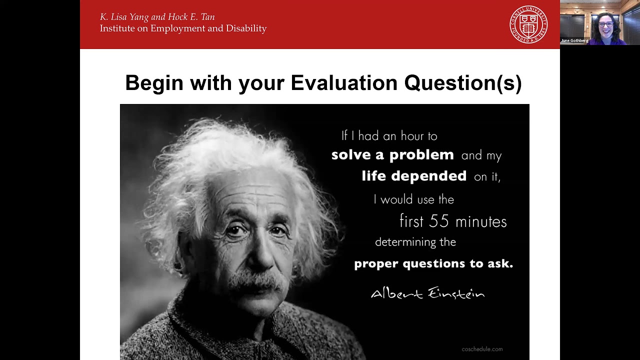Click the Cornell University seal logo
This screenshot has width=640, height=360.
(528, 24)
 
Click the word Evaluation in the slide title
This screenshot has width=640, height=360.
(344, 83)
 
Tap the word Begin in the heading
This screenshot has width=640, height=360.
(154, 83)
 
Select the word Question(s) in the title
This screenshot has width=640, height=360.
(463, 83)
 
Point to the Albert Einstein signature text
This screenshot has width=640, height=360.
(427, 293)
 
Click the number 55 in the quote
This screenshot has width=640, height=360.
(438, 221)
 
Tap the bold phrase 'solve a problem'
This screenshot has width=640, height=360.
(392, 155)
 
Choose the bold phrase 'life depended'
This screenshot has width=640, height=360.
(414, 176)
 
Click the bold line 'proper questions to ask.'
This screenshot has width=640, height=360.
(433, 263)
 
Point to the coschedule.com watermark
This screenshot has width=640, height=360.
(482, 349)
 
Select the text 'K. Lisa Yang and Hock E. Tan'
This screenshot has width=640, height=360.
(157, 17)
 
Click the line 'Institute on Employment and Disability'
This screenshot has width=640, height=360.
(183, 28)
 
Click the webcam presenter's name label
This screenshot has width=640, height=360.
(574, 40)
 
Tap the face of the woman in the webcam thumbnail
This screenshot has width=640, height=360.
(605, 24)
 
